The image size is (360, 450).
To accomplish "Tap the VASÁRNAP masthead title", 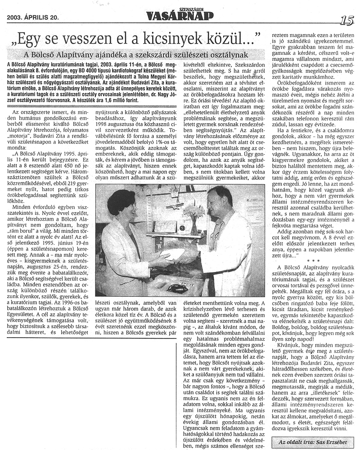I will pos(180,17).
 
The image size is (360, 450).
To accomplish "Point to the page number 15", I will pos(346,20).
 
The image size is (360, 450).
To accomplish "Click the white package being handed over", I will pos(175,254).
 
